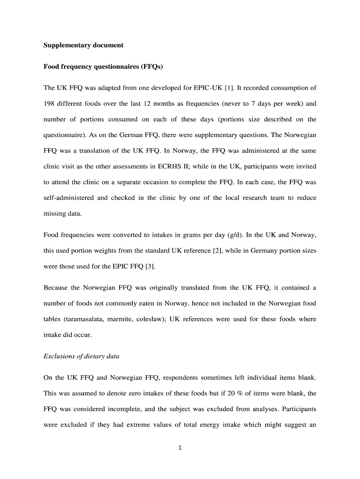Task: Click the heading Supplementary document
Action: [x=83, y=45]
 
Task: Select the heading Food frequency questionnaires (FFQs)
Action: [x=103, y=66]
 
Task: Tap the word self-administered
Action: [x=69, y=197]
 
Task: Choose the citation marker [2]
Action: [x=217, y=251]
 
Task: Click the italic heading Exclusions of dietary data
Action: [x=81, y=356]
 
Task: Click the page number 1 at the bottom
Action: [x=180, y=448]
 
